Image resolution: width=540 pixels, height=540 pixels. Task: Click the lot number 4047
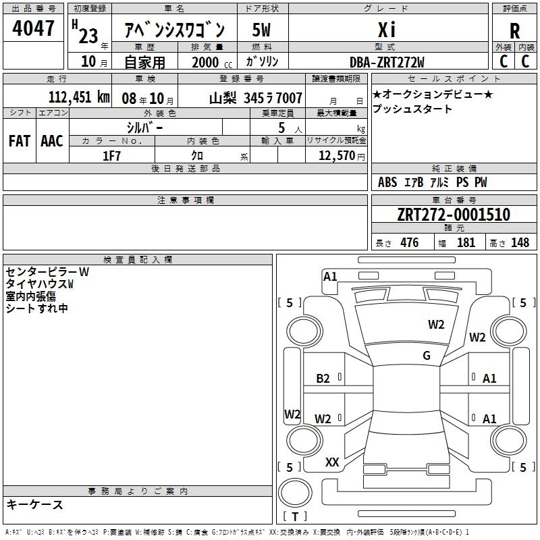[x=33, y=28]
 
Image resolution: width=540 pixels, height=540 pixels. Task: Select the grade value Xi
[x=387, y=30]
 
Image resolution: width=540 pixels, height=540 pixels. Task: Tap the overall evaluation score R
[x=514, y=31]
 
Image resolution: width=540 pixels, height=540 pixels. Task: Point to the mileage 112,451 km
[x=79, y=97]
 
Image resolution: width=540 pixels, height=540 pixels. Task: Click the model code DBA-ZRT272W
[x=387, y=62]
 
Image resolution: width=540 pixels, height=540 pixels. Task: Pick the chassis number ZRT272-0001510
[x=454, y=215]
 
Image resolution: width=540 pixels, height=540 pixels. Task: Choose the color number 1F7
[x=111, y=156]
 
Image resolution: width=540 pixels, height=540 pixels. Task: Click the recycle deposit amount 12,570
[x=336, y=156]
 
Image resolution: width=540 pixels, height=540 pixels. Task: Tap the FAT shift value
[x=20, y=141]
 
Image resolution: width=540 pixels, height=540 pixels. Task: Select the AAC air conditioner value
[x=52, y=141]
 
